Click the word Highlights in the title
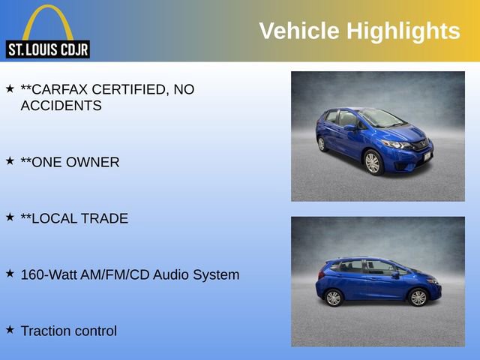click(x=403, y=31)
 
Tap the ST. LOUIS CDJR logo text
click(x=47, y=50)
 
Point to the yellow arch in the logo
click(x=47, y=19)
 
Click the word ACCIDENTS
click(x=61, y=106)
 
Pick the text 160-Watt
click(x=47, y=274)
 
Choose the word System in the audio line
click(x=214, y=274)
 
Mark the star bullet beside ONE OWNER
click(x=10, y=160)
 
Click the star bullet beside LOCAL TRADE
click(x=10, y=217)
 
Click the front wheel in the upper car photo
click(x=373, y=162)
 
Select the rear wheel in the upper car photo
click(x=322, y=144)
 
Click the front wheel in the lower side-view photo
click(x=418, y=297)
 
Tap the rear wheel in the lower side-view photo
click(x=334, y=298)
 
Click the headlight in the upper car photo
click(x=398, y=145)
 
